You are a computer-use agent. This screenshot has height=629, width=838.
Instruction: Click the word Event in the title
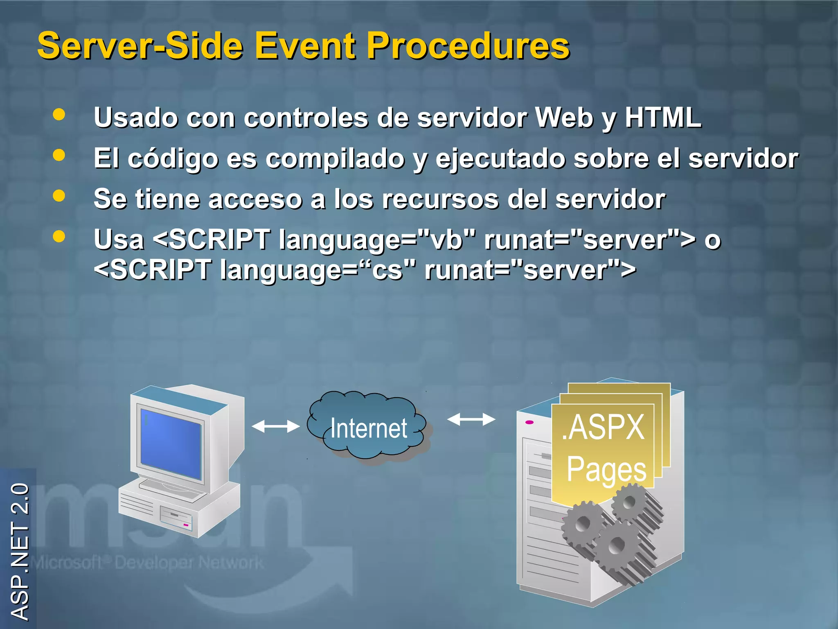[x=305, y=46]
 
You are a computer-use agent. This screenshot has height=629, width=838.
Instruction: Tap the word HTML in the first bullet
[x=663, y=118]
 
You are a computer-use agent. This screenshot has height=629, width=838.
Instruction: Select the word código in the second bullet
[x=173, y=159]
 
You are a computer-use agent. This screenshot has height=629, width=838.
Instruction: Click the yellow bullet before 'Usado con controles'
[x=59, y=114]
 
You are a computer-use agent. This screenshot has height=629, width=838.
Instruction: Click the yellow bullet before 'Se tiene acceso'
[x=59, y=196]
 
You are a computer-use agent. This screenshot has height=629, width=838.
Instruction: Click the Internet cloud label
[x=368, y=428]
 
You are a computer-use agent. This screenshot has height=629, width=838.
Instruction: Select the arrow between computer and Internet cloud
[x=275, y=426]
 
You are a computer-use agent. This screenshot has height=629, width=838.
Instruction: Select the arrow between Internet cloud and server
[x=471, y=419]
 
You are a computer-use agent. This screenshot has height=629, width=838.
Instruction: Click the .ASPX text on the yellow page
[x=603, y=428]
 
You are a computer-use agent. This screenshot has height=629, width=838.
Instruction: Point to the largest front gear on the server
[x=617, y=545]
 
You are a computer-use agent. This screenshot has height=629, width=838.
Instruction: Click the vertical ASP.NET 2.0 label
[x=19, y=551]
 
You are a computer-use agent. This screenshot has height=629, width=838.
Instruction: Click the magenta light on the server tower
[x=529, y=422]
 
